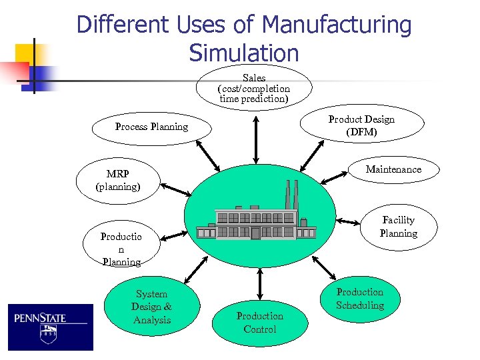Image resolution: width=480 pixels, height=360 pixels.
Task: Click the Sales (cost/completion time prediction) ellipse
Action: click(x=254, y=88)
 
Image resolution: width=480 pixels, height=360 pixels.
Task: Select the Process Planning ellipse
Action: click(x=151, y=127)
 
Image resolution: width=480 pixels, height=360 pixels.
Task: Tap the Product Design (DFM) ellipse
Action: click(x=361, y=126)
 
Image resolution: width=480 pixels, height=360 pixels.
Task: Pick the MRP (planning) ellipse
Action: click(x=118, y=180)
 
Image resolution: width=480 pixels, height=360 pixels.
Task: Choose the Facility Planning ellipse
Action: click(x=398, y=227)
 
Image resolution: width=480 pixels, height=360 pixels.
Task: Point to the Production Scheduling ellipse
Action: click(x=359, y=299)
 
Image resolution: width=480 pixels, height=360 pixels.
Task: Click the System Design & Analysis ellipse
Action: click(x=151, y=307)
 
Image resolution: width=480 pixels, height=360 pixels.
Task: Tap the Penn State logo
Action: click(x=51, y=327)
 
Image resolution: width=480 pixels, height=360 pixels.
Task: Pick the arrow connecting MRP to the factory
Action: click(x=177, y=190)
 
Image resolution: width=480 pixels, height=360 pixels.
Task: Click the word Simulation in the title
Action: click(x=244, y=52)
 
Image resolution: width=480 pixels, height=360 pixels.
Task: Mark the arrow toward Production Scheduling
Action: click(x=324, y=267)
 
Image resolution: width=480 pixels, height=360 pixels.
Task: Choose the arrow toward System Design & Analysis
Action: click(x=195, y=269)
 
